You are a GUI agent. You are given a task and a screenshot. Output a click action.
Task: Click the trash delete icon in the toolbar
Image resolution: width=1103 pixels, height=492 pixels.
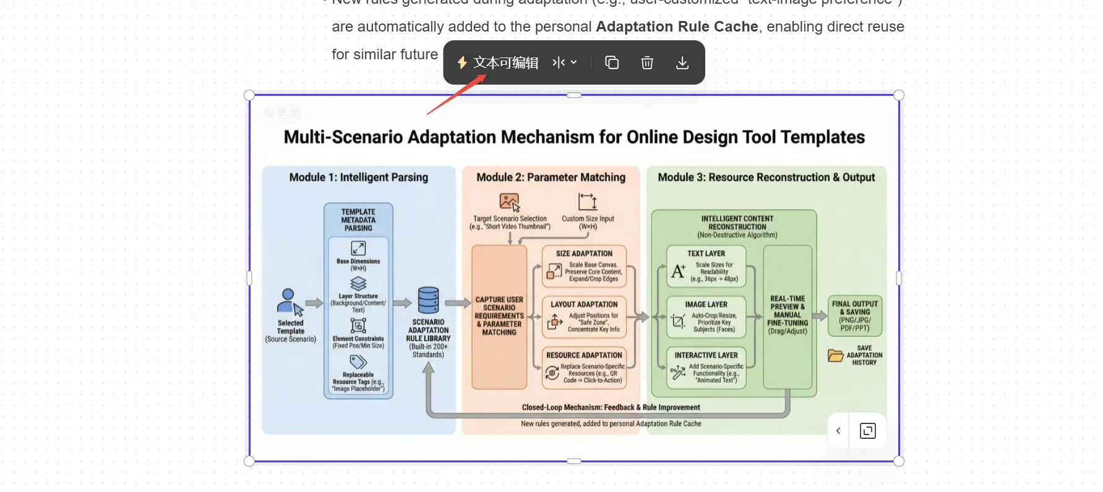[x=647, y=62]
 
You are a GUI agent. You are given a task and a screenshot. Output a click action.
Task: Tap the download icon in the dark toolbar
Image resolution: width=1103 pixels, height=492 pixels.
[x=682, y=62]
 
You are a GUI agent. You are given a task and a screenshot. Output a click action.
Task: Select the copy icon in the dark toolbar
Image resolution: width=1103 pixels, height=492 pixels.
[x=612, y=62]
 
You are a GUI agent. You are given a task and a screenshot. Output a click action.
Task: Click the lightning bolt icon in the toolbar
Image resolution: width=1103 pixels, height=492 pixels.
[x=462, y=62]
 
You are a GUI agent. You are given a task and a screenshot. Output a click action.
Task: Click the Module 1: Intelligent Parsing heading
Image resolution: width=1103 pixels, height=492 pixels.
[x=358, y=177]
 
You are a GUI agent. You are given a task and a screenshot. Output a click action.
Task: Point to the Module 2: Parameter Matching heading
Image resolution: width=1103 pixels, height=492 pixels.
[x=551, y=177]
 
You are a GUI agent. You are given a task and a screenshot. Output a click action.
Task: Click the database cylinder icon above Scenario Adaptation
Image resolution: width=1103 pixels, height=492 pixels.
[x=428, y=300]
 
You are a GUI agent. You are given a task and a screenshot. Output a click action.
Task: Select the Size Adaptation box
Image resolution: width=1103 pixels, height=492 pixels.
[x=584, y=266]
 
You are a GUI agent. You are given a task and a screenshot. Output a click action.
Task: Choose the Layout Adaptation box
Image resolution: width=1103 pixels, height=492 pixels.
[x=584, y=317]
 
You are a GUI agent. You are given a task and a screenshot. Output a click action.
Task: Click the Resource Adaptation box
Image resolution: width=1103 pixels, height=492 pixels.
[x=584, y=368]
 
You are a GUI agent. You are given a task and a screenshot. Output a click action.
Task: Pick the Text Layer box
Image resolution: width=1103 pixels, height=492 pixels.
[x=706, y=266]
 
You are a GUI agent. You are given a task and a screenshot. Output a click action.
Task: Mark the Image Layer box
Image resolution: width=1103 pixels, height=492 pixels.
[x=706, y=317]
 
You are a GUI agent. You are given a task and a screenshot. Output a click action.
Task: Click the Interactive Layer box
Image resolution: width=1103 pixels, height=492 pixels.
[x=706, y=368]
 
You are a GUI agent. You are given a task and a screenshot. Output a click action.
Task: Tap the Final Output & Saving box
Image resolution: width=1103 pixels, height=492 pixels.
[x=855, y=316]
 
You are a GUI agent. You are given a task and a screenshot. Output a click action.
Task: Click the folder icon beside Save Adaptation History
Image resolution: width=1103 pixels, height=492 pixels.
[x=835, y=355]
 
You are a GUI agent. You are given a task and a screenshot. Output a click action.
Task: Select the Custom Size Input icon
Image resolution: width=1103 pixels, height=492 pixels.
[x=588, y=201]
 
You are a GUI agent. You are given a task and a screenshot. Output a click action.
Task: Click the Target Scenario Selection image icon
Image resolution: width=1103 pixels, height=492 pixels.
[x=509, y=202]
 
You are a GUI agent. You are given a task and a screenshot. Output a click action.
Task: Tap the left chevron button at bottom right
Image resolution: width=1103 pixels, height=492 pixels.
[x=838, y=431]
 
